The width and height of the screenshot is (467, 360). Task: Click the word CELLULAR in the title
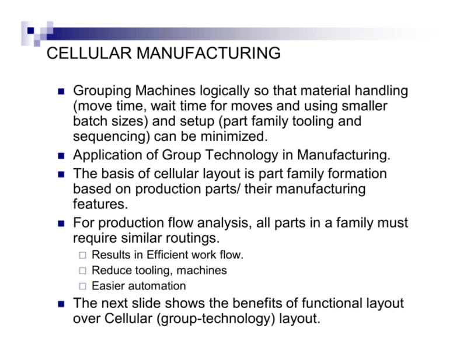click(89, 53)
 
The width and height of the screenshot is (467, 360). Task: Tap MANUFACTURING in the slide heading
click(208, 53)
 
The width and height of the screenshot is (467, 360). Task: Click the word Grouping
click(102, 91)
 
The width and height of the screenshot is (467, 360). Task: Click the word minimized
click(234, 137)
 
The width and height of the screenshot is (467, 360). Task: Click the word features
click(100, 204)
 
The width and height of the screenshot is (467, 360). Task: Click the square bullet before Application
click(61, 156)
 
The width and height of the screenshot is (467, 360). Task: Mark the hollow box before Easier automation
click(83, 286)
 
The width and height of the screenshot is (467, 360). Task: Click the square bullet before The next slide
click(61, 304)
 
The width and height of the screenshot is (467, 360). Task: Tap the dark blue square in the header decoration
click(31, 31)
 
